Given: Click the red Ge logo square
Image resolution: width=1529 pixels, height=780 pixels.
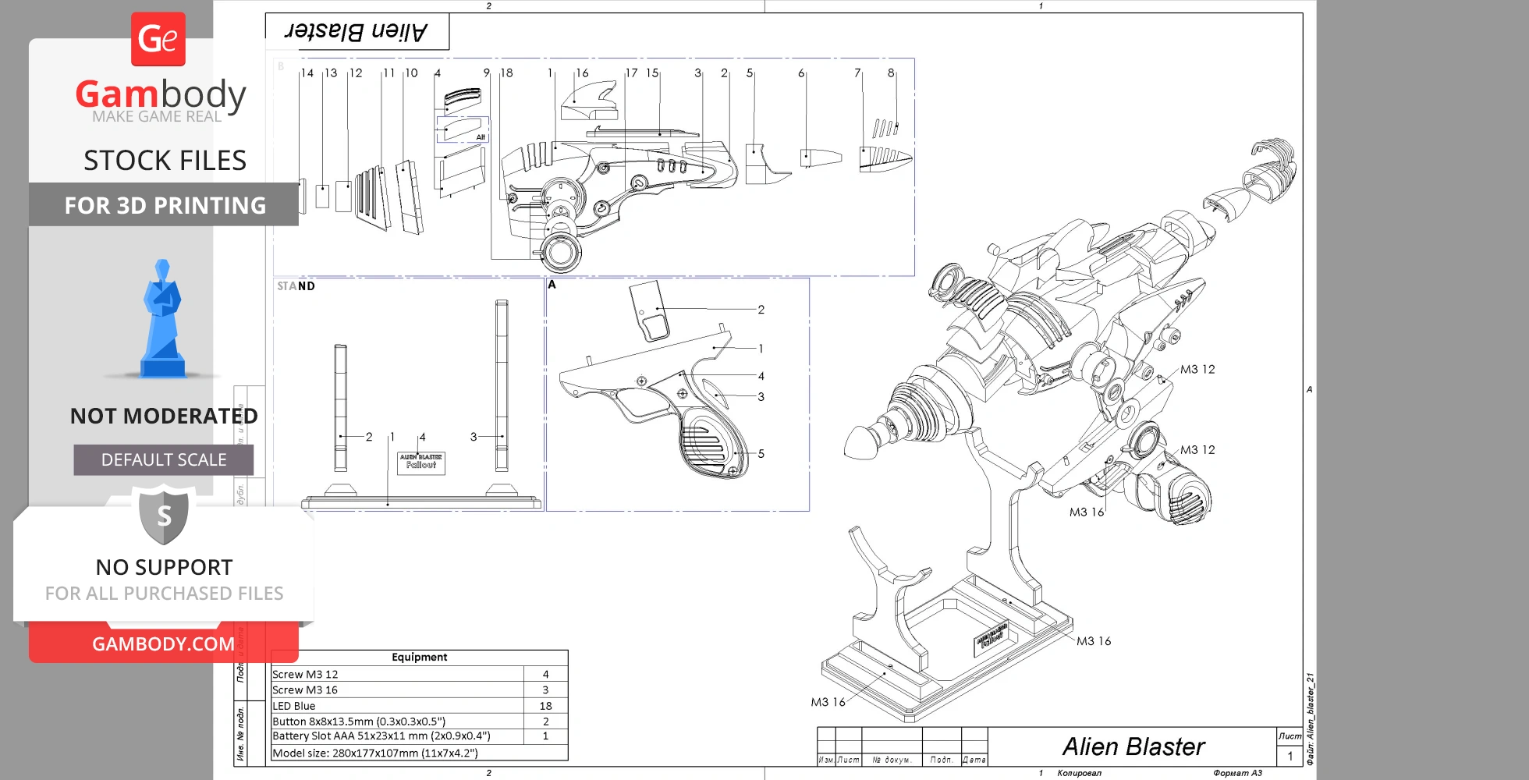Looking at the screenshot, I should click(158, 39).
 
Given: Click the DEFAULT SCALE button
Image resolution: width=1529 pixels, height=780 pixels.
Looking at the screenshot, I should click(164, 460).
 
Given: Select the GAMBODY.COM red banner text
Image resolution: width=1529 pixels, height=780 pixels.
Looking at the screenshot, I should click(163, 644).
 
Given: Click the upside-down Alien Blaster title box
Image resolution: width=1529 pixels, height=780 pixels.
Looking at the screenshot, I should click(357, 32).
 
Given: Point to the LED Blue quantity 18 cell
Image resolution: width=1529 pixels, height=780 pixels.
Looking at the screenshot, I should click(545, 706).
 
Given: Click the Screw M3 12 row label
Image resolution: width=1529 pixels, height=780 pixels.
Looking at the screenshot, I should click(305, 675).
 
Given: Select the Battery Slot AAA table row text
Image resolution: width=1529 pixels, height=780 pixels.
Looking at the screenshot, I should click(381, 736).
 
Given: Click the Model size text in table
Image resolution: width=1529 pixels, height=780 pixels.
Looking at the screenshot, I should click(374, 753).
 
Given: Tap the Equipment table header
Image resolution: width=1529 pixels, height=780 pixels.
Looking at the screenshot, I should click(419, 658).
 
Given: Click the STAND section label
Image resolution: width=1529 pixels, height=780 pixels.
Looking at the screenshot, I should click(296, 286).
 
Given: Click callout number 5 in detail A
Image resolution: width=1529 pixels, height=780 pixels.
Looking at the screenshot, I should click(761, 454).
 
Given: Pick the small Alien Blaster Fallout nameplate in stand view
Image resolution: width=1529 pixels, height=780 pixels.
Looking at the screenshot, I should click(421, 462).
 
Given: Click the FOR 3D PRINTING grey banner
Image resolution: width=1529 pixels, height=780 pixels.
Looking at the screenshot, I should click(164, 205).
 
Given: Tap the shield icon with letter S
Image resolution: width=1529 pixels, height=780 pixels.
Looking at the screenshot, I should click(164, 516).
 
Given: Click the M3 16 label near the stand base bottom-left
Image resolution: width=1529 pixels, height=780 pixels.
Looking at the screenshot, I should click(828, 702).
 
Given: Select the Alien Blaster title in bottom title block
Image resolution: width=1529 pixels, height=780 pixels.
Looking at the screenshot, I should click(1133, 747).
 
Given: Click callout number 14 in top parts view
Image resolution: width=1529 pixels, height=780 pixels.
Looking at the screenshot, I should click(307, 73).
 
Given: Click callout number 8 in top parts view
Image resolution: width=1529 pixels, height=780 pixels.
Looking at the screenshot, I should click(891, 73).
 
